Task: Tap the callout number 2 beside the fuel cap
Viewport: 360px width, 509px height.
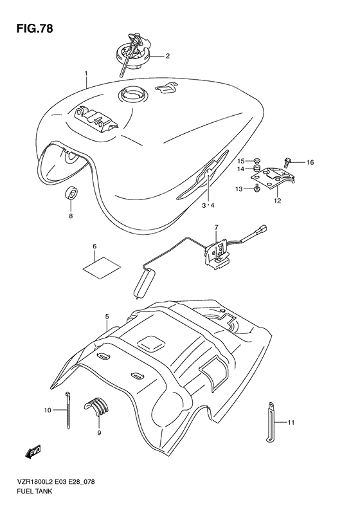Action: [x=167, y=56]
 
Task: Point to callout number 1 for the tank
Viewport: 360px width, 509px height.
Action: [x=85, y=74]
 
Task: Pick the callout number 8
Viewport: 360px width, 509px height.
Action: [x=71, y=216]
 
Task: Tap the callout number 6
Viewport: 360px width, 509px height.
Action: [x=94, y=246]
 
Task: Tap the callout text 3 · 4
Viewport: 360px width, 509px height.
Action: [x=207, y=205]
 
